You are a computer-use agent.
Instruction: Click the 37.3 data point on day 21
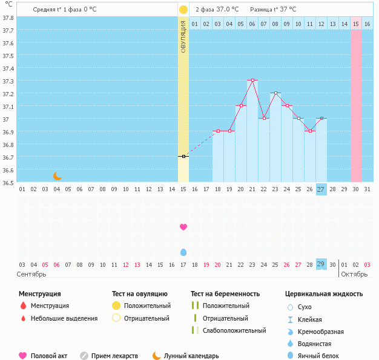(x=252, y=80)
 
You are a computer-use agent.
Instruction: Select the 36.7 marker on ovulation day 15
(x=183, y=156)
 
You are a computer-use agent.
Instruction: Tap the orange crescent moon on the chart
(x=58, y=176)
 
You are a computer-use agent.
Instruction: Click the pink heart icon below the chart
(x=183, y=227)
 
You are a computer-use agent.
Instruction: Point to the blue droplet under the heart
(x=183, y=252)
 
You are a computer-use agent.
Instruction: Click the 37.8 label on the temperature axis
(x=8, y=18)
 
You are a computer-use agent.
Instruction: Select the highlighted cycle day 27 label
(x=321, y=189)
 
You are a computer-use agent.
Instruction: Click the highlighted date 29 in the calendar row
(x=321, y=264)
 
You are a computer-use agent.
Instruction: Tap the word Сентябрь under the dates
(x=31, y=274)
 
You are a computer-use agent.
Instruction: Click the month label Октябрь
(x=355, y=274)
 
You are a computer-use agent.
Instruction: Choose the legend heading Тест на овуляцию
(x=139, y=294)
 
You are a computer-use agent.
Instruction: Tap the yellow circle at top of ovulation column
(x=183, y=10)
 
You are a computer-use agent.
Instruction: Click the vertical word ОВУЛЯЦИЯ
(x=183, y=36)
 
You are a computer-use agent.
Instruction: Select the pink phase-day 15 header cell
(x=356, y=24)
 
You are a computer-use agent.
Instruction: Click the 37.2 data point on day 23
(x=275, y=93)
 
